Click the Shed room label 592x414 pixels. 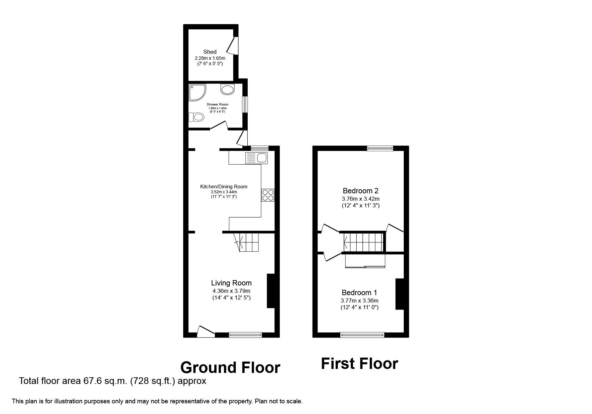click(x=210, y=52)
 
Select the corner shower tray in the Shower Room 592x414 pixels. click(x=197, y=92)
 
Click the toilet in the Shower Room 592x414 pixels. click(x=197, y=117)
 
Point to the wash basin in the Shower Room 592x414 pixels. click(x=228, y=89)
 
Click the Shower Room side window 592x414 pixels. click(x=245, y=105)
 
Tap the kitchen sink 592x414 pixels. click(x=256, y=158)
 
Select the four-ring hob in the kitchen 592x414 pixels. click(x=268, y=195)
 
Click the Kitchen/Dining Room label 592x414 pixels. click(x=224, y=187)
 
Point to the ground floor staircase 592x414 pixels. click(x=249, y=242)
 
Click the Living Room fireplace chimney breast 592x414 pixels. click(x=270, y=291)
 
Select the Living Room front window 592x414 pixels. click(x=245, y=335)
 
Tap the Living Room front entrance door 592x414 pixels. click(x=205, y=332)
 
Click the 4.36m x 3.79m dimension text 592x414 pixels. click(x=231, y=291)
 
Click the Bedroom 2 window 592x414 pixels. click(x=380, y=149)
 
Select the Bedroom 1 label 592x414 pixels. click(x=359, y=293)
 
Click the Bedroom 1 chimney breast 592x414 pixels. click(x=399, y=294)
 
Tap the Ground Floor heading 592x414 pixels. click(x=230, y=368)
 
